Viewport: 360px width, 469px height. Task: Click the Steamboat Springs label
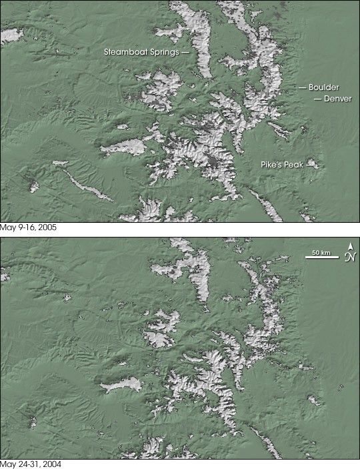(x=141, y=51)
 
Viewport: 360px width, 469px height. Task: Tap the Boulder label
(x=323, y=87)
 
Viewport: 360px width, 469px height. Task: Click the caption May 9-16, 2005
(x=28, y=227)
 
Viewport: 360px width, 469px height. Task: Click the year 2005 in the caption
(x=47, y=227)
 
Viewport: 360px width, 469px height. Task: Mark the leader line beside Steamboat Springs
(x=185, y=51)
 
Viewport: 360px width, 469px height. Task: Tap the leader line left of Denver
(x=317, y=99)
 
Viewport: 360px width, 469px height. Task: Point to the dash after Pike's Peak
(x=311, y=163)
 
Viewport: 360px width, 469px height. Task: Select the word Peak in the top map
(x=295, y=163)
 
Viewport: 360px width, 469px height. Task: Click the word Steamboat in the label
(x=125, y=51)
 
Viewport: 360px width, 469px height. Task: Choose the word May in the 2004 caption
(x=7, y=464)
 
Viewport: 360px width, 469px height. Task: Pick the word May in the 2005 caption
(x=7, y=227)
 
